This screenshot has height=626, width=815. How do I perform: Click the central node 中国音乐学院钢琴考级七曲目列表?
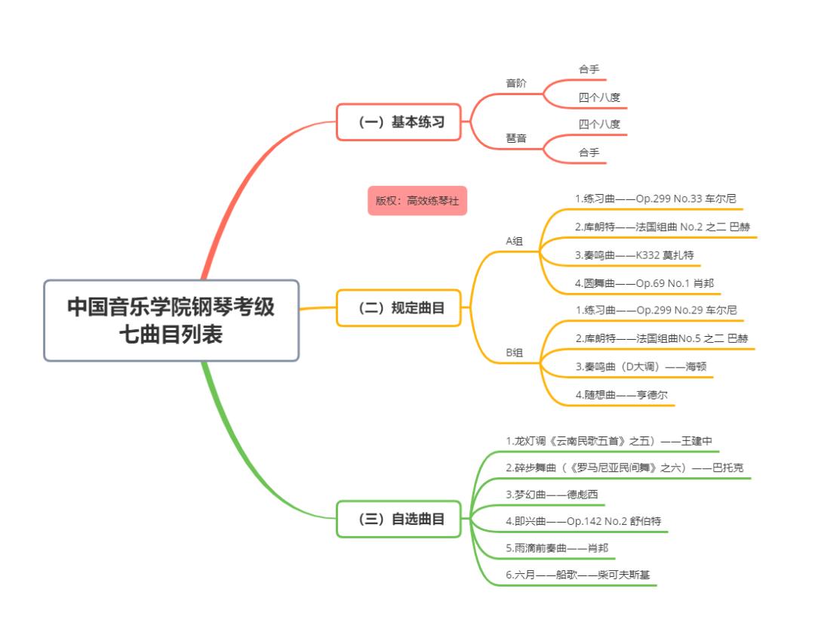tap(171, 320)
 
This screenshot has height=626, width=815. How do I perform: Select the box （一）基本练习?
tap(398, 122)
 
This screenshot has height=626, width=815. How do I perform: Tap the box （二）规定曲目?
tap(398, 308)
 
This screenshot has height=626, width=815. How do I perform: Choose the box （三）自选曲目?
tap(398, 520)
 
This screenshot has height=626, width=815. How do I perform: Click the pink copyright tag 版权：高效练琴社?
tap(417, 201)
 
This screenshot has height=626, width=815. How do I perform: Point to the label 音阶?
tap(516, 84)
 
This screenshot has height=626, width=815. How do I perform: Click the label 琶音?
tap(516, 138)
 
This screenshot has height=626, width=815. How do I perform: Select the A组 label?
tap(515, 241)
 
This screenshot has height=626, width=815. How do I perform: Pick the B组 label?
tap(515, 352)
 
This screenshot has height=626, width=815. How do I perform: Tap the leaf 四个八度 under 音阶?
tap(599, 97)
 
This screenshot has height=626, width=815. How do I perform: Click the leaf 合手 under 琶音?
tap(589, 153)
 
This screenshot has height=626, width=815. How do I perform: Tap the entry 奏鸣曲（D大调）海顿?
tap(640, 366)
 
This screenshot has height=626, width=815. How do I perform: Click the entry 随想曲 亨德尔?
tap(620, 394)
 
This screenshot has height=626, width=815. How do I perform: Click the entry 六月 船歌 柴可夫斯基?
tap(577, 575)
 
